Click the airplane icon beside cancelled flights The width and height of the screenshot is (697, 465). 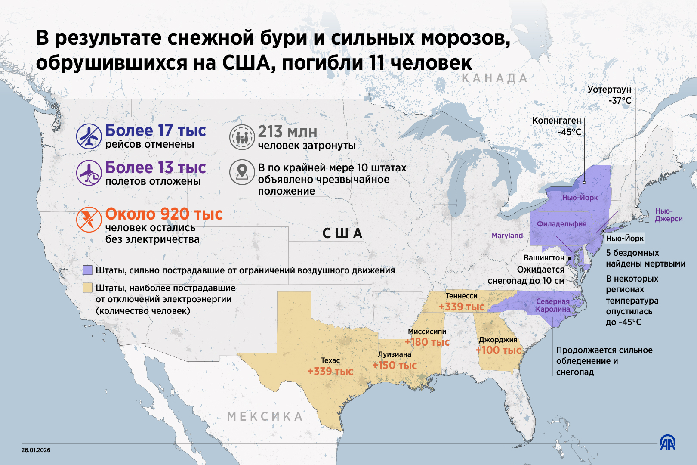point(89,136)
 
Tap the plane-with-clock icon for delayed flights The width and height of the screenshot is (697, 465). point(89,173)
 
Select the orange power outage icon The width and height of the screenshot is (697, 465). point(89,220)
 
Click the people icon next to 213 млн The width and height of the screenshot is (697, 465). point(242,137)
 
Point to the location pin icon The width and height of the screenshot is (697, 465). point(242,172)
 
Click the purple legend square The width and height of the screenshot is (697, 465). point(87,270)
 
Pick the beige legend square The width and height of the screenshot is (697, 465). point(87,288)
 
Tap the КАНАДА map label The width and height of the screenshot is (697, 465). point(494,78)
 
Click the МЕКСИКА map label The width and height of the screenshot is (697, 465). point(265,416)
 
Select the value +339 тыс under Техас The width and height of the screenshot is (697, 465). point(330,372)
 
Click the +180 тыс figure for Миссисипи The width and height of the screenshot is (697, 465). point(427,342)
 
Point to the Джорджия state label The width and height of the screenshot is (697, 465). point(498,340)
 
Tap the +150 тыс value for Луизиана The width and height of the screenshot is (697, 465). point(394,366)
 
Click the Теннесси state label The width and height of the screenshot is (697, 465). point(461,296)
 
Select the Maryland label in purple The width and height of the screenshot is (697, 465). point(507,236)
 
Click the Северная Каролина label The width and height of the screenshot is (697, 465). point(553,305)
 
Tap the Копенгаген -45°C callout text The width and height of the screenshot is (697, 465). point(557,126)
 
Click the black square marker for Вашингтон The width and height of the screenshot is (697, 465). point(570,258)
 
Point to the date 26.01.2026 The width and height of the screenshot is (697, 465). point(36,450)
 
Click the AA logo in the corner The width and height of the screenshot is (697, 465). point(668,443)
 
